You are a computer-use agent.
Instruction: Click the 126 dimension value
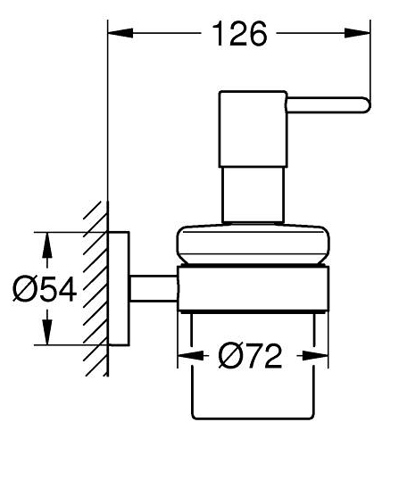[239, 34]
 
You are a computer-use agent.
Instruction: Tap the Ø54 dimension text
[45, 289]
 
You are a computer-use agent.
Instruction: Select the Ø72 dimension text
[250, 356]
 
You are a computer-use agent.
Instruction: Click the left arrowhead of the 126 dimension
[120, 33]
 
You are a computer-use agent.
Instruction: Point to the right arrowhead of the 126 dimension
[357, 33]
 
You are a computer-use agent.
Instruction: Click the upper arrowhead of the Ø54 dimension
[46, 244]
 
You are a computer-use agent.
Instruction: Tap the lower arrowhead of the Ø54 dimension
[46, 332]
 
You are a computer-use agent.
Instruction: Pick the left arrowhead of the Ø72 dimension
[191, 356]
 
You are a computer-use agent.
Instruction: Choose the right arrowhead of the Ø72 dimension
[315, 356]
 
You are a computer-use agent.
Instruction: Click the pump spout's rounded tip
[367, 105]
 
